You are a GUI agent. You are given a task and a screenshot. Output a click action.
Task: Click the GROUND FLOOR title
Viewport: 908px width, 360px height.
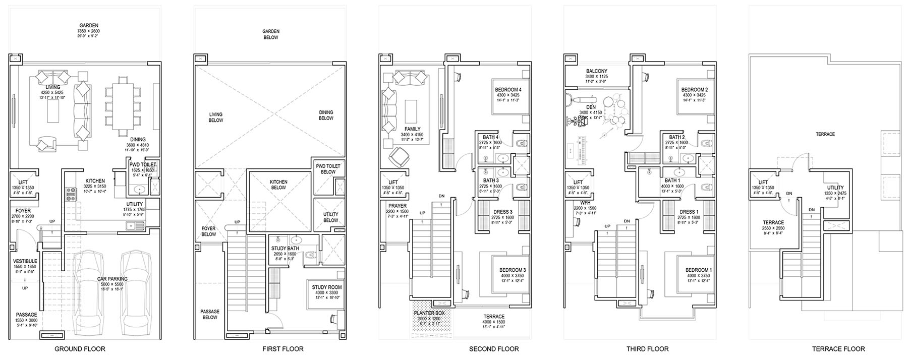pos(80,349)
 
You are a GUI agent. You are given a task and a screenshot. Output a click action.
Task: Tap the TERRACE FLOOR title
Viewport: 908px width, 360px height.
pos(838,349)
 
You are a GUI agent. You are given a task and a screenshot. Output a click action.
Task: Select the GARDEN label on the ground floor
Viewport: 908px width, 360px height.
pos(88,25)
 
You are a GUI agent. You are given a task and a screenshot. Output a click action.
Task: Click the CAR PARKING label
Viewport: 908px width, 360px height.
pos(112,278)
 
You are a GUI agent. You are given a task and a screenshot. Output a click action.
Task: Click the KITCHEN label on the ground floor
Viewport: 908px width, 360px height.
pos(95,181)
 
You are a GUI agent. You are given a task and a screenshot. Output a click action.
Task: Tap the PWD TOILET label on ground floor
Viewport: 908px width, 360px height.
pos(143,165)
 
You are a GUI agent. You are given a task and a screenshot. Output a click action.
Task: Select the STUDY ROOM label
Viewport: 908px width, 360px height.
pos(327,287)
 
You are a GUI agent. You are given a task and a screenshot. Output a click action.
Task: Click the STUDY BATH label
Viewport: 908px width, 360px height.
pos(286,249)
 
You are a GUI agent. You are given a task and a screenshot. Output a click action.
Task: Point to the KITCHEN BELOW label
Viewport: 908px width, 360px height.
pos(278,185)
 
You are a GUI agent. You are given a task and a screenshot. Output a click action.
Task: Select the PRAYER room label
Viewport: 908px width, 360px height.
pos(398,206)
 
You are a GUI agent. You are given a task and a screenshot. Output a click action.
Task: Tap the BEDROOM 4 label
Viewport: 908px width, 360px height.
pos(508,90)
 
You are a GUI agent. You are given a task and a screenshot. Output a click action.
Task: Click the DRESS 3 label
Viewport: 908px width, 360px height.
pos(503,212)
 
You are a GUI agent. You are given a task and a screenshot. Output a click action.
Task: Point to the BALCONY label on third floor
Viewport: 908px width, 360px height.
pos(597,71)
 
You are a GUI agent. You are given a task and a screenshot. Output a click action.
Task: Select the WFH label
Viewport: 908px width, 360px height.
pos(578,203)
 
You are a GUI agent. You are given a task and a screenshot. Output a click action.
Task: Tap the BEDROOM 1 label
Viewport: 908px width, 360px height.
pos(699,270)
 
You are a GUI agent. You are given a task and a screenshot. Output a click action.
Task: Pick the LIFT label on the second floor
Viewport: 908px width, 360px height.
pos(393,183)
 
